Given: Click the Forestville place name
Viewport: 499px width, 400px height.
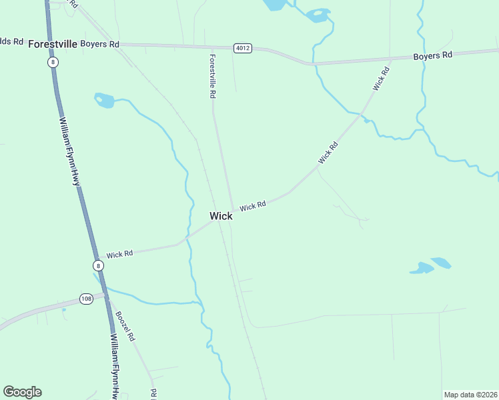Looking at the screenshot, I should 52,44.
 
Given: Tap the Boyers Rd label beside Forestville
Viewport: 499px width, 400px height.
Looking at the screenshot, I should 99,44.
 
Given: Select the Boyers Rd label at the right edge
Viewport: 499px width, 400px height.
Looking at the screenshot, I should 432,55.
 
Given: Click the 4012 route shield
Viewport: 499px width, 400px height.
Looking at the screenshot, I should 242,49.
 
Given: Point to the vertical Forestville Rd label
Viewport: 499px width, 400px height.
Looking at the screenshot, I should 212,77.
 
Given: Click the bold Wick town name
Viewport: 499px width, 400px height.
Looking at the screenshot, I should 221,216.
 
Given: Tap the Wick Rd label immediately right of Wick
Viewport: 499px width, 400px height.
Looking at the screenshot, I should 253,207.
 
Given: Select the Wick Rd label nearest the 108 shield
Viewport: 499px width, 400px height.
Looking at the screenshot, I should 119,254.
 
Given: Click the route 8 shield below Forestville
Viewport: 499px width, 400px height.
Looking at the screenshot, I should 53,62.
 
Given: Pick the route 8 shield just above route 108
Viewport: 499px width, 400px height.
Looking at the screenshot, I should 99,265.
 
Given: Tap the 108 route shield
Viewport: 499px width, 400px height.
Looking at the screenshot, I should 85,298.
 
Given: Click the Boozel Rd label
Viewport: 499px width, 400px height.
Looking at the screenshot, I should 125,327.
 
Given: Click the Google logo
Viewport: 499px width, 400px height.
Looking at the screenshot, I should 22,391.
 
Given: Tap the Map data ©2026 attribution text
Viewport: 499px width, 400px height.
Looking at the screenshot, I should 471,395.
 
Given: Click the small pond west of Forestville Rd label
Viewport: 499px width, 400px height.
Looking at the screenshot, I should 104,101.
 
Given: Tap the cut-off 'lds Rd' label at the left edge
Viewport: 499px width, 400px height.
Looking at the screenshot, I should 11,41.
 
